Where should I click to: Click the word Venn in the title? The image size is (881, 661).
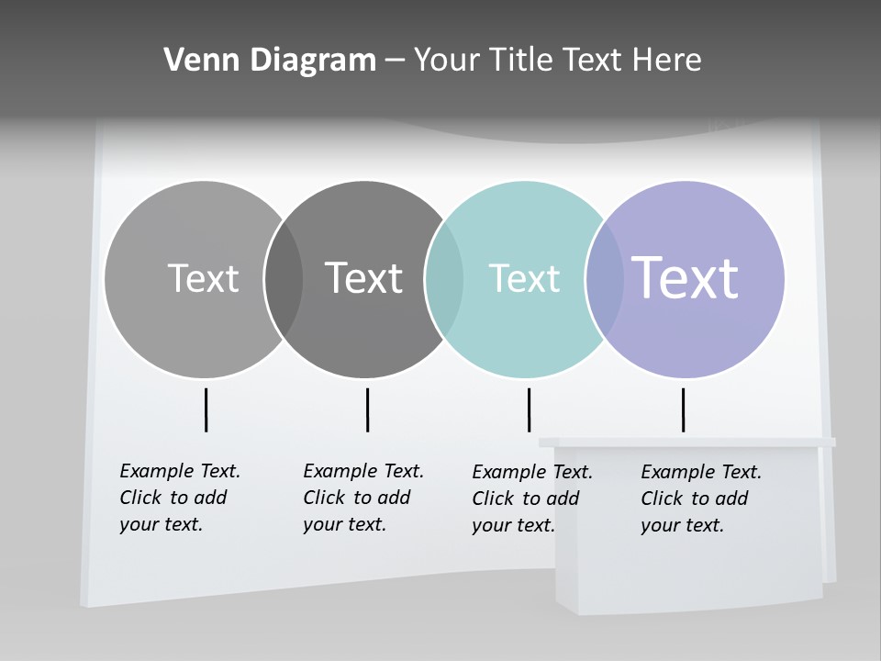coord(194,61)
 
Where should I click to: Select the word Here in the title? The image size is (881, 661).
coord(667,61)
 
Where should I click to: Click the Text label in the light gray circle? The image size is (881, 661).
coord(203,278)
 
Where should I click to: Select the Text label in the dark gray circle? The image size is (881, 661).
coord(364,278)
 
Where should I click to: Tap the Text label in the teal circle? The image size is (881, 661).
coord(524,278)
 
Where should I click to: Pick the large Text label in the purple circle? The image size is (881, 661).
coord(685,278)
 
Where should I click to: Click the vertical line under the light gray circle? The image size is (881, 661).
coord(206,409)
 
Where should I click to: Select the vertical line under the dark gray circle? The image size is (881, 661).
coord(367,409)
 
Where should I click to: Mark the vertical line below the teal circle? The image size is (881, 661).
coord(529,409)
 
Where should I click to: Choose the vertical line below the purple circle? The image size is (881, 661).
coord(683,409)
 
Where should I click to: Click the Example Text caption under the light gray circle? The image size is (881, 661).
coord(179,498)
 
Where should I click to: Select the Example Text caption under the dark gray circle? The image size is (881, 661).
coord(362,498)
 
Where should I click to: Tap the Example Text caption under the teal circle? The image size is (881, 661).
coord(531,499)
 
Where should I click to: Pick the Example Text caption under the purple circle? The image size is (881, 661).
coord(700,499)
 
